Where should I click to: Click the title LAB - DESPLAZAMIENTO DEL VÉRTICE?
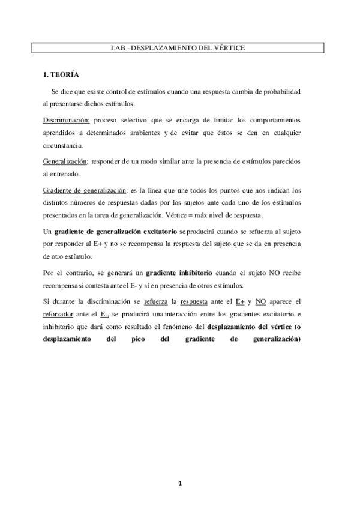tap(178, 47)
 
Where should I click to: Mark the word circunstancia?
tap(64, 145)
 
